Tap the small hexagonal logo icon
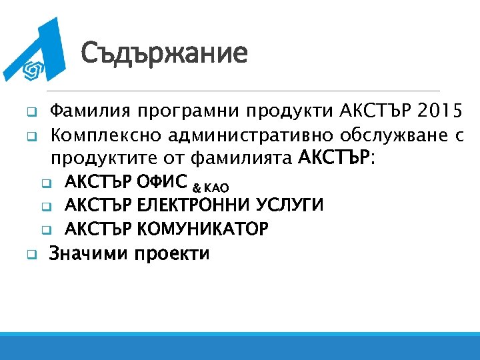pos(33,69)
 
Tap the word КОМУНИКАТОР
pos(203,229)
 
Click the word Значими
pos(89,253)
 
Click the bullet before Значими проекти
pos(30,254)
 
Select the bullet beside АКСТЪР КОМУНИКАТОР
pos(45,231)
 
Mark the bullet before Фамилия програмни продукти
pos(30,111)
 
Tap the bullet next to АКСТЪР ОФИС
pos(45,182)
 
